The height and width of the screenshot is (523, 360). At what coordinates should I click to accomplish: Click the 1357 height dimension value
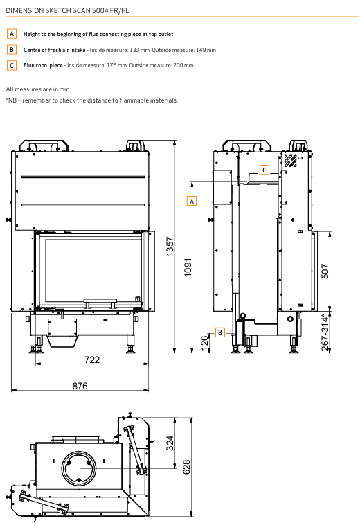[x=170, y=247]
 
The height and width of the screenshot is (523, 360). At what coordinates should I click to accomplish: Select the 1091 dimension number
[x=188, y=267]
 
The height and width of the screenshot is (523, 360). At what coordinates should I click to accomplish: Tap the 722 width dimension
[x=92, y=360]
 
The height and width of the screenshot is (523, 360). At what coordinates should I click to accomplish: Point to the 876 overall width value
[x=80, y=386]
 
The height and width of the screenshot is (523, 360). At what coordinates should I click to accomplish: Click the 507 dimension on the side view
[x=325, y=271]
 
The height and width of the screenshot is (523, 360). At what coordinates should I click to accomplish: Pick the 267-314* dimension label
[x=325, y=333]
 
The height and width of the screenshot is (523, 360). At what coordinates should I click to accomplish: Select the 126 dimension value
[x=205, y=343]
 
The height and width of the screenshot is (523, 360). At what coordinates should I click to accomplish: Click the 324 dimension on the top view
[x=170, y=443]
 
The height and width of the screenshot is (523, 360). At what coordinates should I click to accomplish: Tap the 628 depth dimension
[x=186, y=467]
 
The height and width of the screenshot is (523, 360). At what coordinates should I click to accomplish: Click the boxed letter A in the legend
[x=12, y=34]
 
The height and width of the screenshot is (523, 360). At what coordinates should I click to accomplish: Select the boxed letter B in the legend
[x=12, y=50]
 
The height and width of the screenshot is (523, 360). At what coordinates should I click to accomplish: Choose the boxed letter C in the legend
[x=12, y=65]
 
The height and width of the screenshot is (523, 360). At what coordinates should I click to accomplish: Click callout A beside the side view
[x=192, y=201]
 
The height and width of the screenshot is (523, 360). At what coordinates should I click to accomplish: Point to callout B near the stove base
[x=220, y=333]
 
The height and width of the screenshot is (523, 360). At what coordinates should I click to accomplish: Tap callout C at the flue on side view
[x=264, y=170]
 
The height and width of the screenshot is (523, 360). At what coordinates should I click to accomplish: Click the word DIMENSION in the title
[x=25, y=10]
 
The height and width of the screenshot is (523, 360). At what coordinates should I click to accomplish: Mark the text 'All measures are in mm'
[x=37, y=89]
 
